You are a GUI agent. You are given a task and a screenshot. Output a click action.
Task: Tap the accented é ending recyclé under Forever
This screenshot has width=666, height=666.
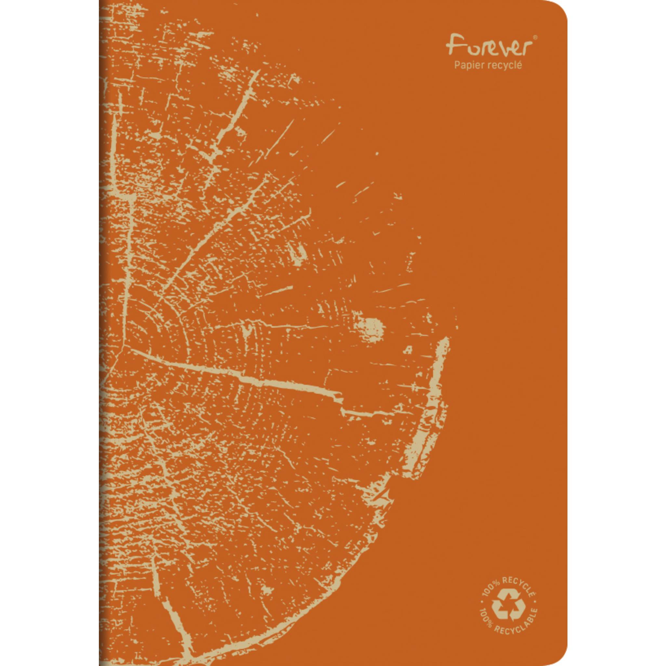pyautogui.click(x=519, y=65)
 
